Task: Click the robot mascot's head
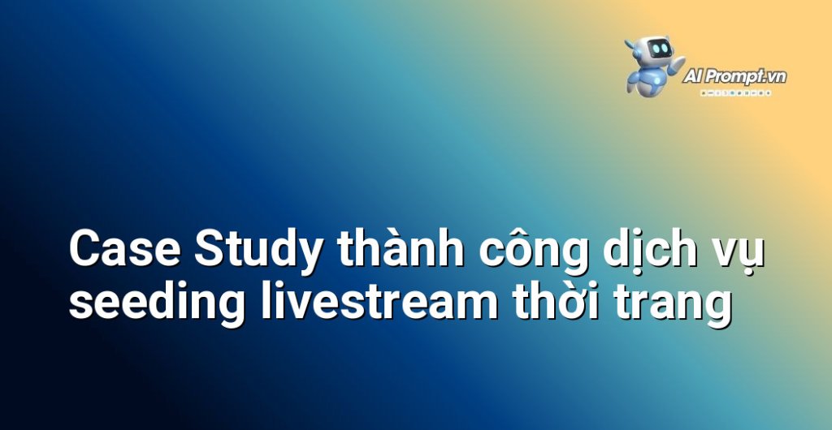coord(656,51)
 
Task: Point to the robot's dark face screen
coord(660,49)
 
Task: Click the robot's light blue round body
coord(650,81)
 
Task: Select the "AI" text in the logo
coord(695,77)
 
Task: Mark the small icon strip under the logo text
coord(736,92)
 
